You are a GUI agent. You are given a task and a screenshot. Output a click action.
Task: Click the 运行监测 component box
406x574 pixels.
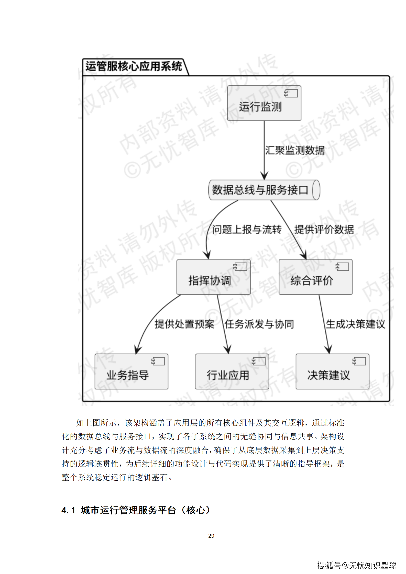(264, 103)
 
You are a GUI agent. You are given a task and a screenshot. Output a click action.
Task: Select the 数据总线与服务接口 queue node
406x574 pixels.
(264, 190)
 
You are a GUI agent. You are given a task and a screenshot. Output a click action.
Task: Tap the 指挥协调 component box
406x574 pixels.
(213, 277)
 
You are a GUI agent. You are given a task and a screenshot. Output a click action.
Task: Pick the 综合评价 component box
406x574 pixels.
(315, 277)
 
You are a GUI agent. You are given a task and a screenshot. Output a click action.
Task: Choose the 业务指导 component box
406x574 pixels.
(131, 372)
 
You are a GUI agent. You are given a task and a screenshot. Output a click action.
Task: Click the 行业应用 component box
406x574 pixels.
(232, 372)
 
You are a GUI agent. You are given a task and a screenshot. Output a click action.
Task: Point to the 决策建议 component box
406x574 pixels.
(332, 372)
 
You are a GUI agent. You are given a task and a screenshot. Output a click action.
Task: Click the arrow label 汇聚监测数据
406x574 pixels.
(295, 150)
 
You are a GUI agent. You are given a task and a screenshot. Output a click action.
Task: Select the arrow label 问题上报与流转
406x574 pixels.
(247, 230)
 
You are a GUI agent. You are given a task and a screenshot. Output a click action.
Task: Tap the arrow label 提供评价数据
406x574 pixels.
(324, 230)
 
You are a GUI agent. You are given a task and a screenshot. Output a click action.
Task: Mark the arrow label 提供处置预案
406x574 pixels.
(184, 324)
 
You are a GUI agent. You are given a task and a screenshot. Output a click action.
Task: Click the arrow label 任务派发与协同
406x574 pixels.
(259, 324)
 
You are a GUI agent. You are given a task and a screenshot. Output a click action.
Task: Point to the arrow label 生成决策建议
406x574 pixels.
(355, 324)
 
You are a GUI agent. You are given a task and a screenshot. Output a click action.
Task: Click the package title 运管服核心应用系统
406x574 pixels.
(134, 66)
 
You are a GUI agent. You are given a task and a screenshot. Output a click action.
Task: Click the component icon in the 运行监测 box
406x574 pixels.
(291, 93)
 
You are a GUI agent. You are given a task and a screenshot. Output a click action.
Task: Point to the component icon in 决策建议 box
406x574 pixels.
(359, 361)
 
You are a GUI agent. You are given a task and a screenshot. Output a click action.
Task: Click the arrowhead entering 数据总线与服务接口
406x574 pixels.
(264, 176)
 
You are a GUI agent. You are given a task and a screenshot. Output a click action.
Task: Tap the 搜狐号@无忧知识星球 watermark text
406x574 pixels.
(356, 565)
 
